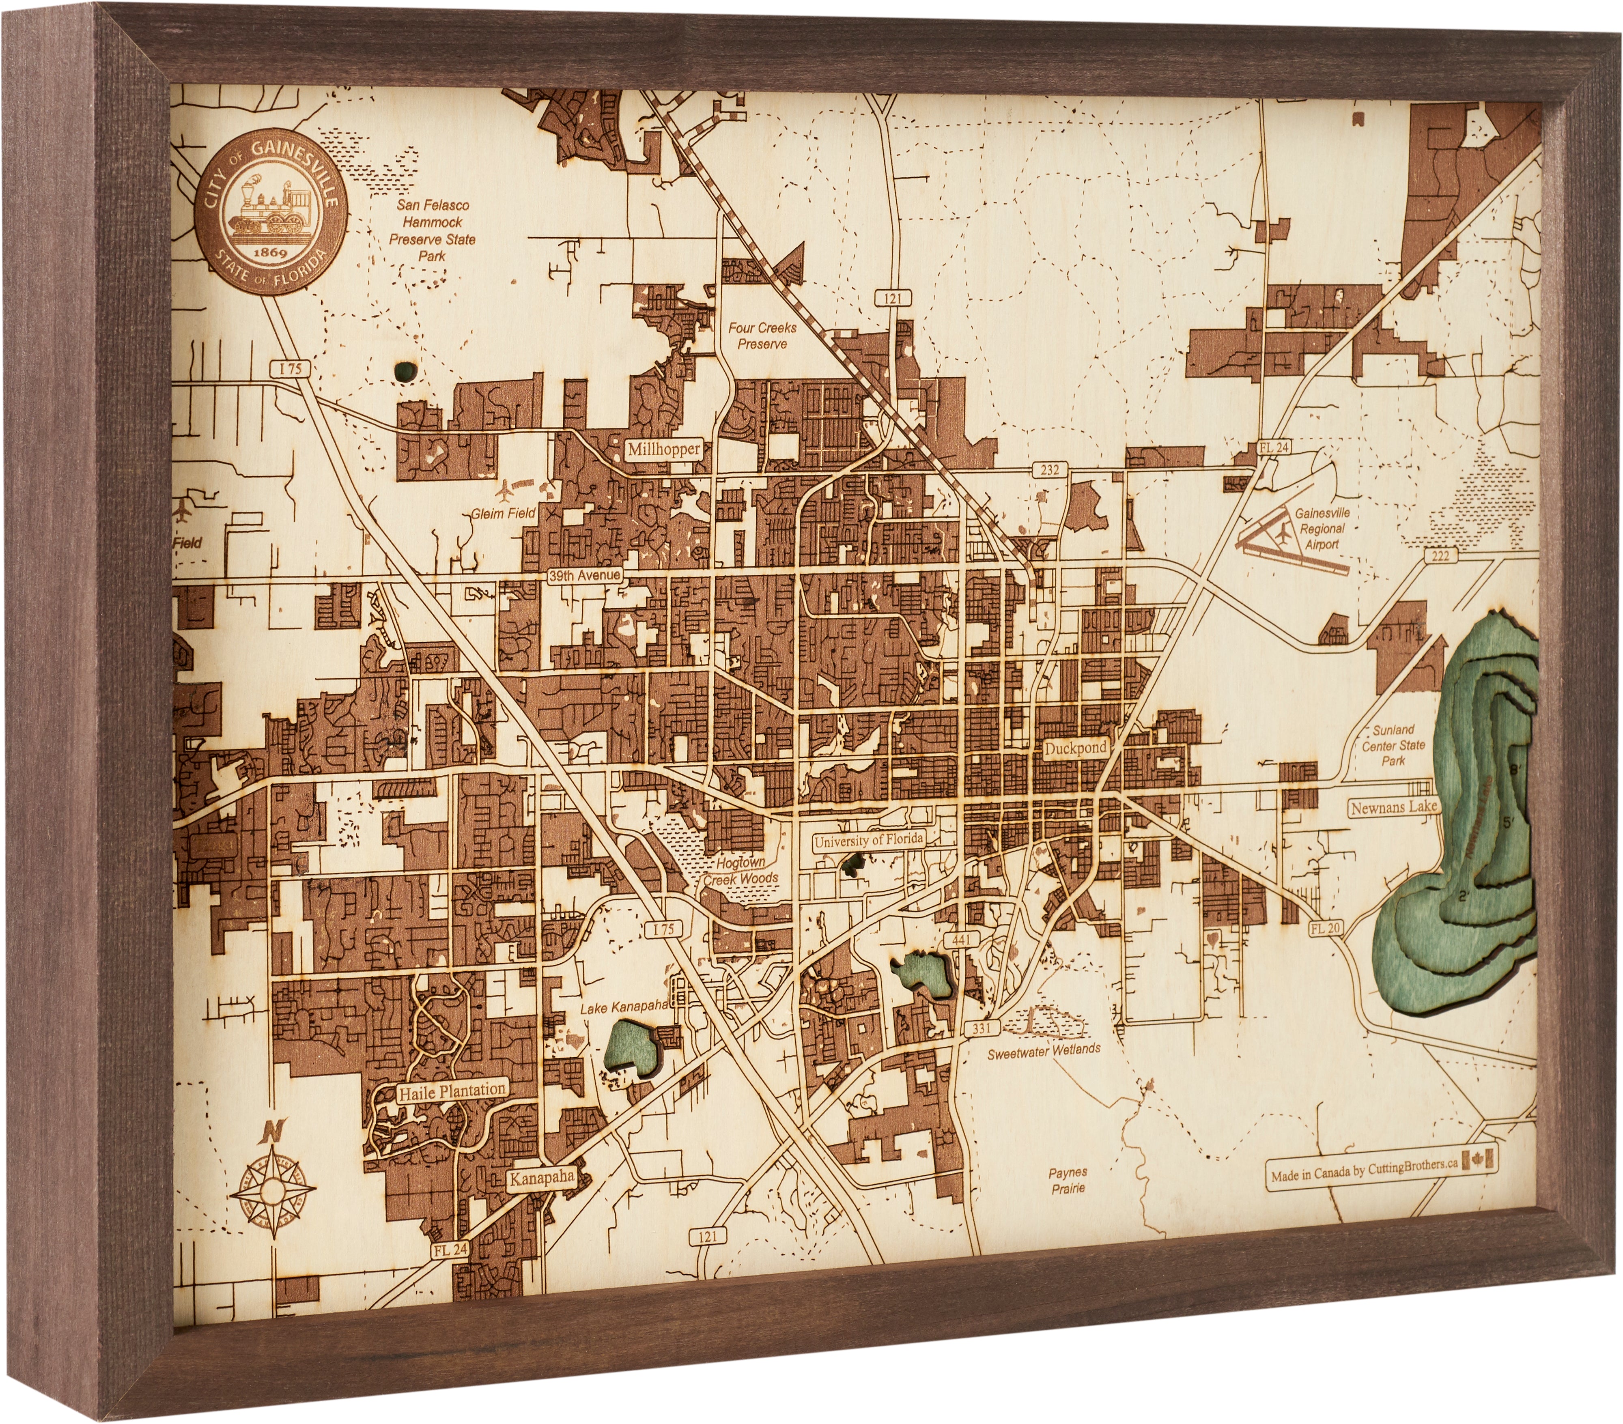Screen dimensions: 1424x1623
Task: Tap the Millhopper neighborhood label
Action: (x=664, y=449)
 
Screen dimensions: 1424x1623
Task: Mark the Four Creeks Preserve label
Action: (x=762, y=335)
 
